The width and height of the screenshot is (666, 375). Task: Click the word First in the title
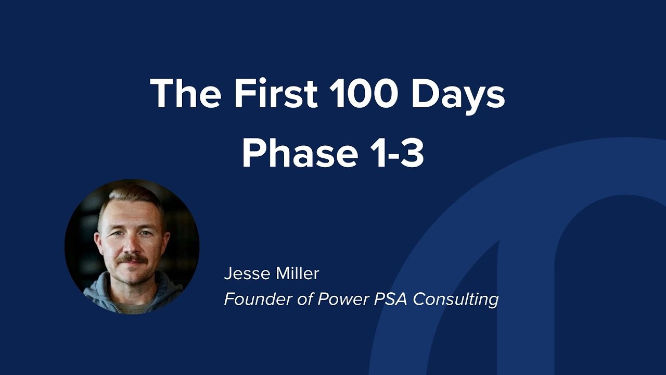tap(275, 94)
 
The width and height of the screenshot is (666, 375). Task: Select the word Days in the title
tap(458, 95)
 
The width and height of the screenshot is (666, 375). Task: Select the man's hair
tap(130, 201)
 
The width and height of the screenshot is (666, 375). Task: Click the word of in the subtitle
tap(296, 299)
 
